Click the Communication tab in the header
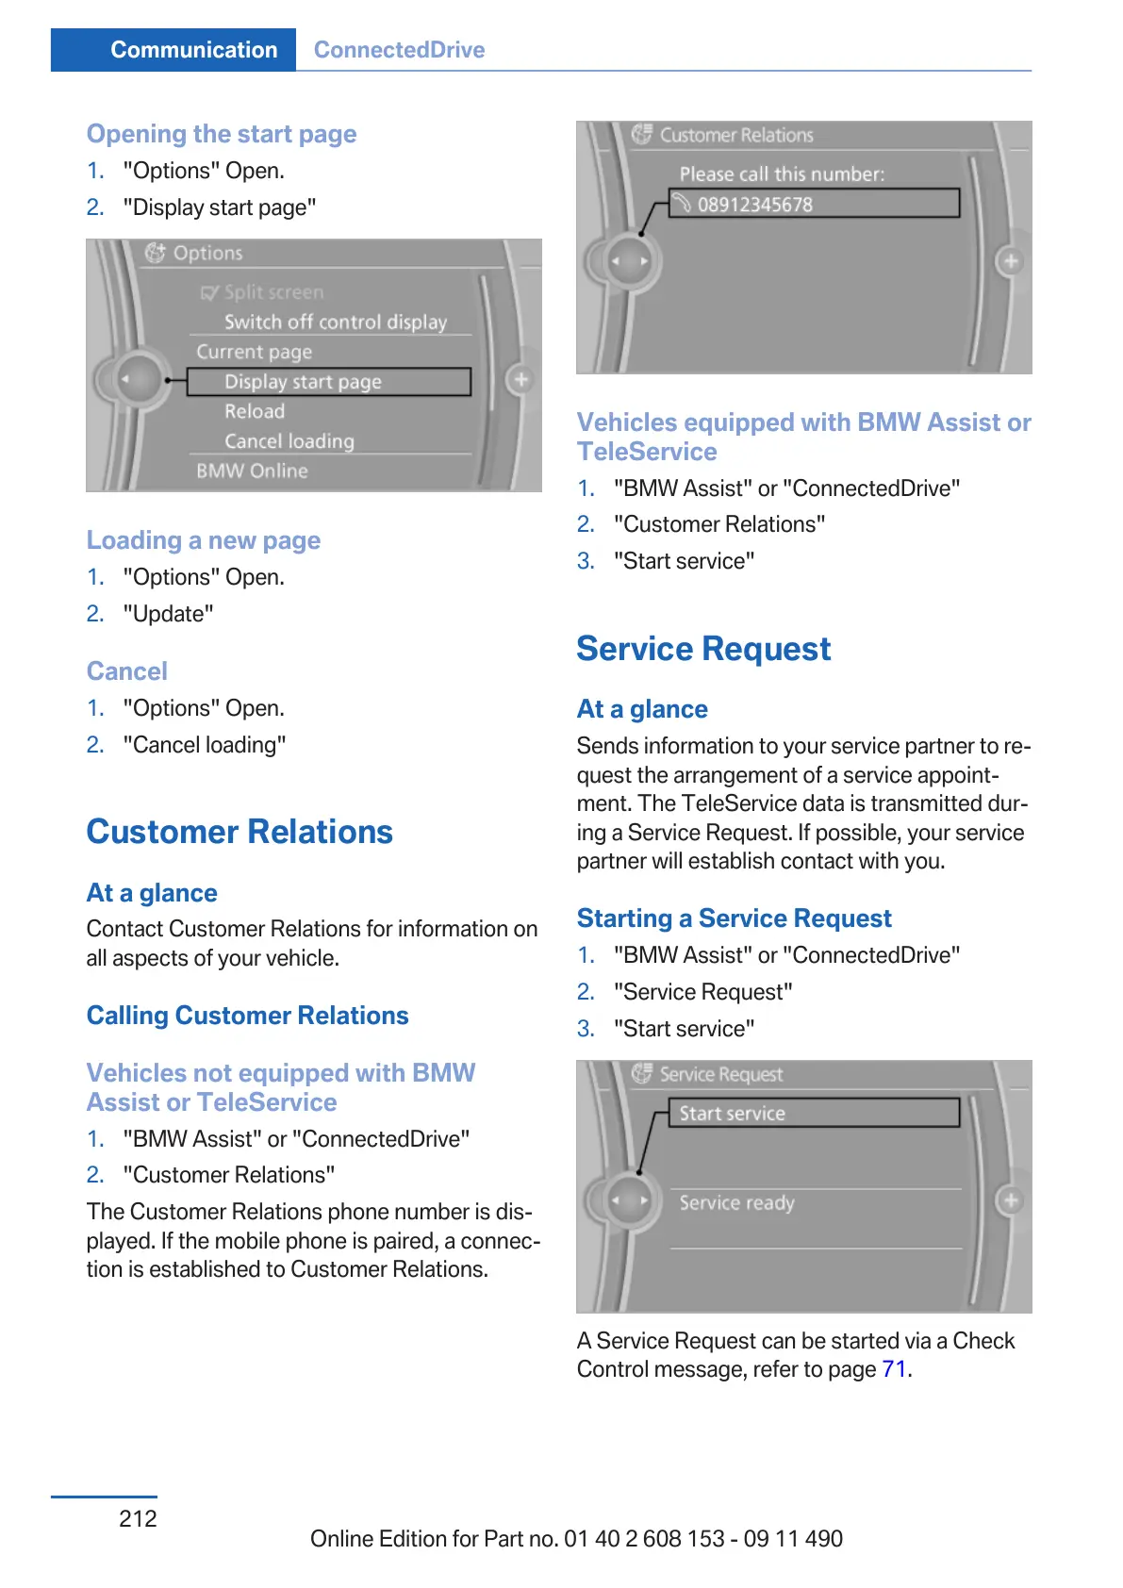click(x=193, y=50)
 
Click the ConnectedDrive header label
click(x=399, y=50)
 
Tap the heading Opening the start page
click(x=222, y=134)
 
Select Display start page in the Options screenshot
click(x=303, y=382)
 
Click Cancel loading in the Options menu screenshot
click(x=289, y=441)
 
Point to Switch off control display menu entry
click(x=335, y=322)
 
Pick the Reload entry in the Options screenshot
click(x=255, y=411)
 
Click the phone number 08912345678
click(x=754, y=205)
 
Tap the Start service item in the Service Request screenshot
click(x=733, y=1114)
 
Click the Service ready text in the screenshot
click(x=736, y=1203)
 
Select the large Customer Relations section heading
click(x=239, y=832)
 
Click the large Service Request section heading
click(x=703, y=649)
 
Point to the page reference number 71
click(x=894, y=1369)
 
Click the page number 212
click(x=138, y=1518)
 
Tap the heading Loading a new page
click(x=204, y=540)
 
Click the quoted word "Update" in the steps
click(x=169, y=614)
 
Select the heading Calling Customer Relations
click(x=247, y=1016)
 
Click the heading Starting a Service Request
click(x=734, y=918)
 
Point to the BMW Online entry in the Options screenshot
click(x=252, y=471)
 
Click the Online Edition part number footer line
click(x=576, y=1539)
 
